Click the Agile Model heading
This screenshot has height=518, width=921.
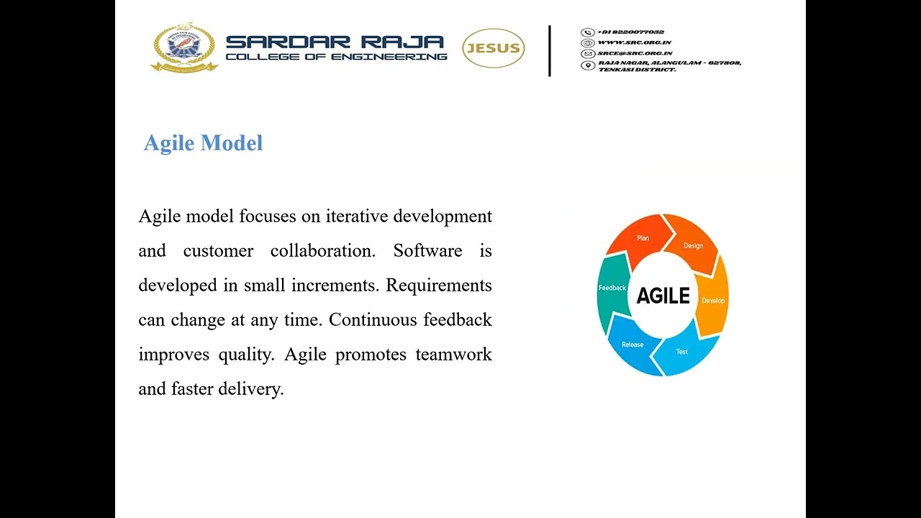tap(203, 143)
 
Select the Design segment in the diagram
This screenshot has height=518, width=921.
tap(693, 246)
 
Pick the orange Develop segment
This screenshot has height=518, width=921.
tap(713, 300)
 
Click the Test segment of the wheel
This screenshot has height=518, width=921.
tap(682, 352)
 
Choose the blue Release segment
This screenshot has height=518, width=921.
tap(632, 345)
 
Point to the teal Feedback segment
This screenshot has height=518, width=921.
tap(612, 288)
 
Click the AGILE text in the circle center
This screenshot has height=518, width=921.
tap(663, 296)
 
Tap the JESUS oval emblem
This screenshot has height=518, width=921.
tap(493, 49)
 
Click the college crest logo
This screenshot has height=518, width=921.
tap(184, 47)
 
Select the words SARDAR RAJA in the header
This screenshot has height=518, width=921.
tap(335, 42)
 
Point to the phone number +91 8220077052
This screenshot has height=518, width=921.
tap(630, 32)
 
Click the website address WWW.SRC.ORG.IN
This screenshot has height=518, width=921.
tap(634, 42)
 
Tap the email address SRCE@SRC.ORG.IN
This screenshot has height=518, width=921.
tap(635, 53)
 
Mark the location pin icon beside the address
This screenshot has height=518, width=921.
tap(587, 65)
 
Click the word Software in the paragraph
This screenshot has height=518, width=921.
tap(427, 251)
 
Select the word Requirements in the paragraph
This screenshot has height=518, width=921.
tap(438, 286)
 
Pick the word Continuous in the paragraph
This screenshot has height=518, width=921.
tap(373, 320)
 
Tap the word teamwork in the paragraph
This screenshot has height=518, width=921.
tap(453, 355)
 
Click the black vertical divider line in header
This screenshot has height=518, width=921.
tap(550, 50)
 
